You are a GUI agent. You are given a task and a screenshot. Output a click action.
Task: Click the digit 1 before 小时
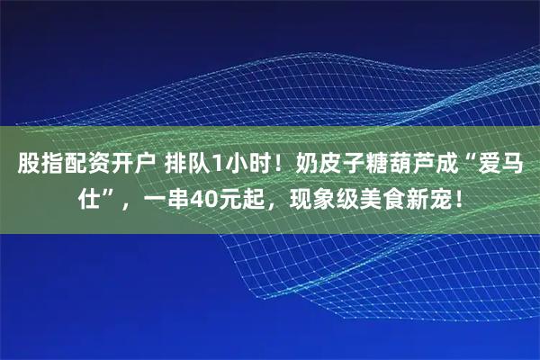point(213,165)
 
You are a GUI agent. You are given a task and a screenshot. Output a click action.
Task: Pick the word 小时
point(243,165)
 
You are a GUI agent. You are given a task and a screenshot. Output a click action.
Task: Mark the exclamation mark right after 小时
point(271,165)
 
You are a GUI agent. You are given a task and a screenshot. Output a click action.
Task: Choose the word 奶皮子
point(319,165)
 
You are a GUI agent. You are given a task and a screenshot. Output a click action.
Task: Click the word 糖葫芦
point(391,165)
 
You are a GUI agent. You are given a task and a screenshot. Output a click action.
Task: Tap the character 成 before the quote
point(437,165)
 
